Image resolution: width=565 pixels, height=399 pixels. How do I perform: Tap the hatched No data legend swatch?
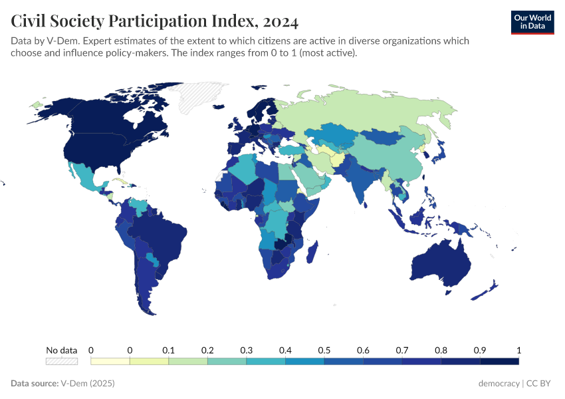pyautogui.click(x=61, y=361)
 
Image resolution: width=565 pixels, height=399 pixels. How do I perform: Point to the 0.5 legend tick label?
pyautogui.click(x=324, y=350)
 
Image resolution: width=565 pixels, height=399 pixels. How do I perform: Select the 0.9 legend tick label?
pyautogui.click(x=480, y=350)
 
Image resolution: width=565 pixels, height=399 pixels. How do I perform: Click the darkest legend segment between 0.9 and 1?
pyautogui.click(x=499, y=361)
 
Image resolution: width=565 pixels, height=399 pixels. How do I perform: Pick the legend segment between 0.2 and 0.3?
pyautogui.click(x=227, y=361)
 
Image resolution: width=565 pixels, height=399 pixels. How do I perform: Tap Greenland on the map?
pyautogui.click(x=199, y=96)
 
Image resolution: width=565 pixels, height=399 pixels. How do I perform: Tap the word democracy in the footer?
pyautogui.click(x=499, y=384)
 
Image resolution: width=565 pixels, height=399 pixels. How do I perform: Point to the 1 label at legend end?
pyautogui.click(x=518, y=350)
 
